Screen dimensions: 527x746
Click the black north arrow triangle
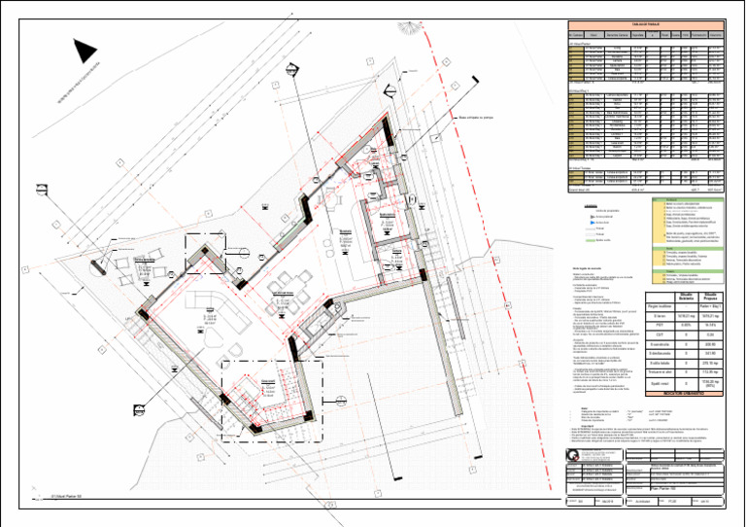click(x=85, y=51)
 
